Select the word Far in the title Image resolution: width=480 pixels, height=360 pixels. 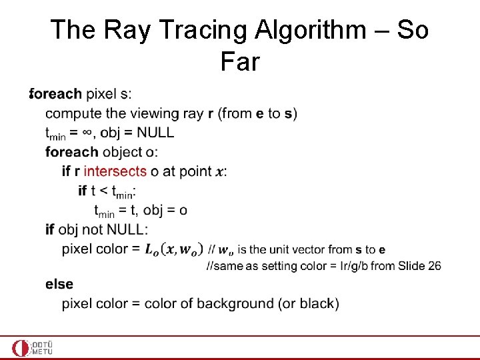coord(239,62)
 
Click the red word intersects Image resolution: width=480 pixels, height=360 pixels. coord(115,171)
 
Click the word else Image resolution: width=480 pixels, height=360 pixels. coord(59,284)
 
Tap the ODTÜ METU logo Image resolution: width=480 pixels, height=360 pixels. coord(32,347)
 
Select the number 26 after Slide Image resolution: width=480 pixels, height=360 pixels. coord(433,265)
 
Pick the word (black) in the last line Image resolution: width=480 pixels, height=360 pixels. coord(319,303)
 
